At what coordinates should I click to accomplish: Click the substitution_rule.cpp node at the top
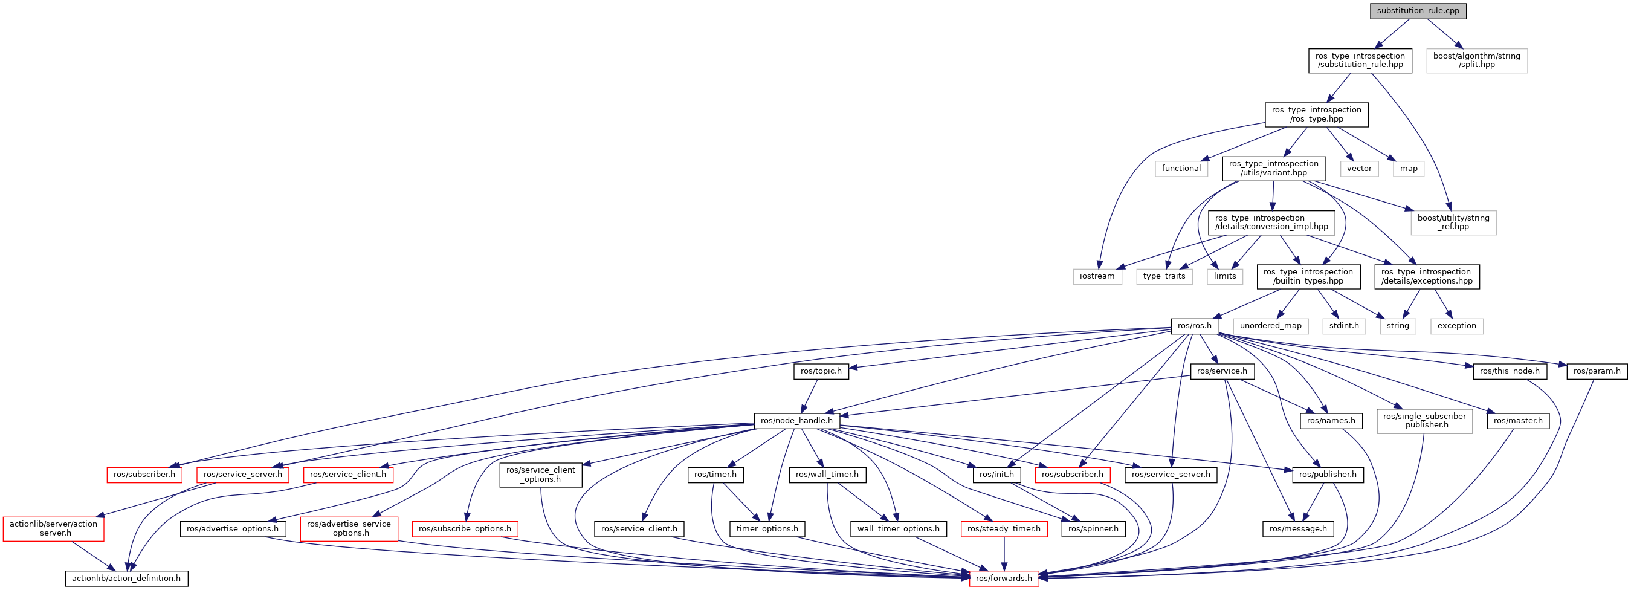pyautogui.click(x=1418, y=11)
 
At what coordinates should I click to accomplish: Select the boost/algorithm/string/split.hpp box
pyautogui.click(x=1476, y=60)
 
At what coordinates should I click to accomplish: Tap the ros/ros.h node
pyautogui.click(x=1194, y=326)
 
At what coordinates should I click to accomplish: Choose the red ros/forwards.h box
pyautogui.click(x=1004, y=578)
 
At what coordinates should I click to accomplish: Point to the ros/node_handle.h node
pyautogui.click(x=796, y=420)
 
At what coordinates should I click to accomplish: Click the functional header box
pyautogui.click(x=1181, y=169)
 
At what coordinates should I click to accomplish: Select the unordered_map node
pyautogui.click(x=1270, y=326)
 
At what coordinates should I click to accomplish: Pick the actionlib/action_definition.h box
pyautogui.click(x=126, y=578)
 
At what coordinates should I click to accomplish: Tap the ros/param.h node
pyautogui.click(x=1596, y=371)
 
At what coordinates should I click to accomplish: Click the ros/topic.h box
pyautogui.click(x=821, y=371)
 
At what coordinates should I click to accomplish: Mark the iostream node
pyautogui.click(x=1097, y=277)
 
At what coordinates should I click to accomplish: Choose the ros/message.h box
pyautogui.click(x=1298, y=528)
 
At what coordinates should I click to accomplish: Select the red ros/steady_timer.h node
pyautogui.click(x=1004, y=528)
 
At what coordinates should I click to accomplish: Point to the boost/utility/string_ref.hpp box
pyautogui.click(x=1453, y=222)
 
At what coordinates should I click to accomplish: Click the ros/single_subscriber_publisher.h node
pyautogui.click(x=1424, y=420)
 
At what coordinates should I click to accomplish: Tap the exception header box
pyautogui.click(x=1456, y=326)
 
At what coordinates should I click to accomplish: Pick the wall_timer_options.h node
pyautogui.click(x=898, y=528)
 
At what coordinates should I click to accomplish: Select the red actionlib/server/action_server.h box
pyautogui.click(x=53, y=528)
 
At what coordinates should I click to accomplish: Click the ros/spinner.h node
pyautogui.click(x=1093, y=528)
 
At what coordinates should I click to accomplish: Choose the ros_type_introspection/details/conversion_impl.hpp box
pyautogui.click(x=1271, y=222)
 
